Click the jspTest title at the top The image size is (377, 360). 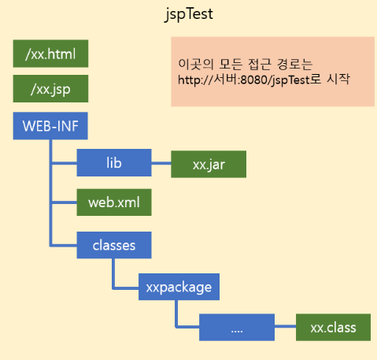[189, 14]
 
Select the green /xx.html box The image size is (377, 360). [50, 54]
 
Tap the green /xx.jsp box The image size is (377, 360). [50, 89]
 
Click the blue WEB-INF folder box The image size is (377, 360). [50, 126]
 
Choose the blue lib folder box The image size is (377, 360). [114, 163]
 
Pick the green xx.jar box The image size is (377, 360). [209, 165]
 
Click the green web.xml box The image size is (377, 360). [114, 202]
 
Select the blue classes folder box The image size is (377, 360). [114, 245]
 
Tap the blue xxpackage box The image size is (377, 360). [179, 287]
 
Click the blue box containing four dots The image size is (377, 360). [237, 327]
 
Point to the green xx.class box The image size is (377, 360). [333, 327]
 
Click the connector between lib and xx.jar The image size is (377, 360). [161, 163]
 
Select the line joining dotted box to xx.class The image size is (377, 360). [285, 326]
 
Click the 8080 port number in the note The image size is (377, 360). [254, 80]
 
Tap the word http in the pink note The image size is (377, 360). [188, 80]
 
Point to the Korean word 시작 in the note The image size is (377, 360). [338, 79]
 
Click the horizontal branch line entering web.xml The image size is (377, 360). [65, 202]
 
